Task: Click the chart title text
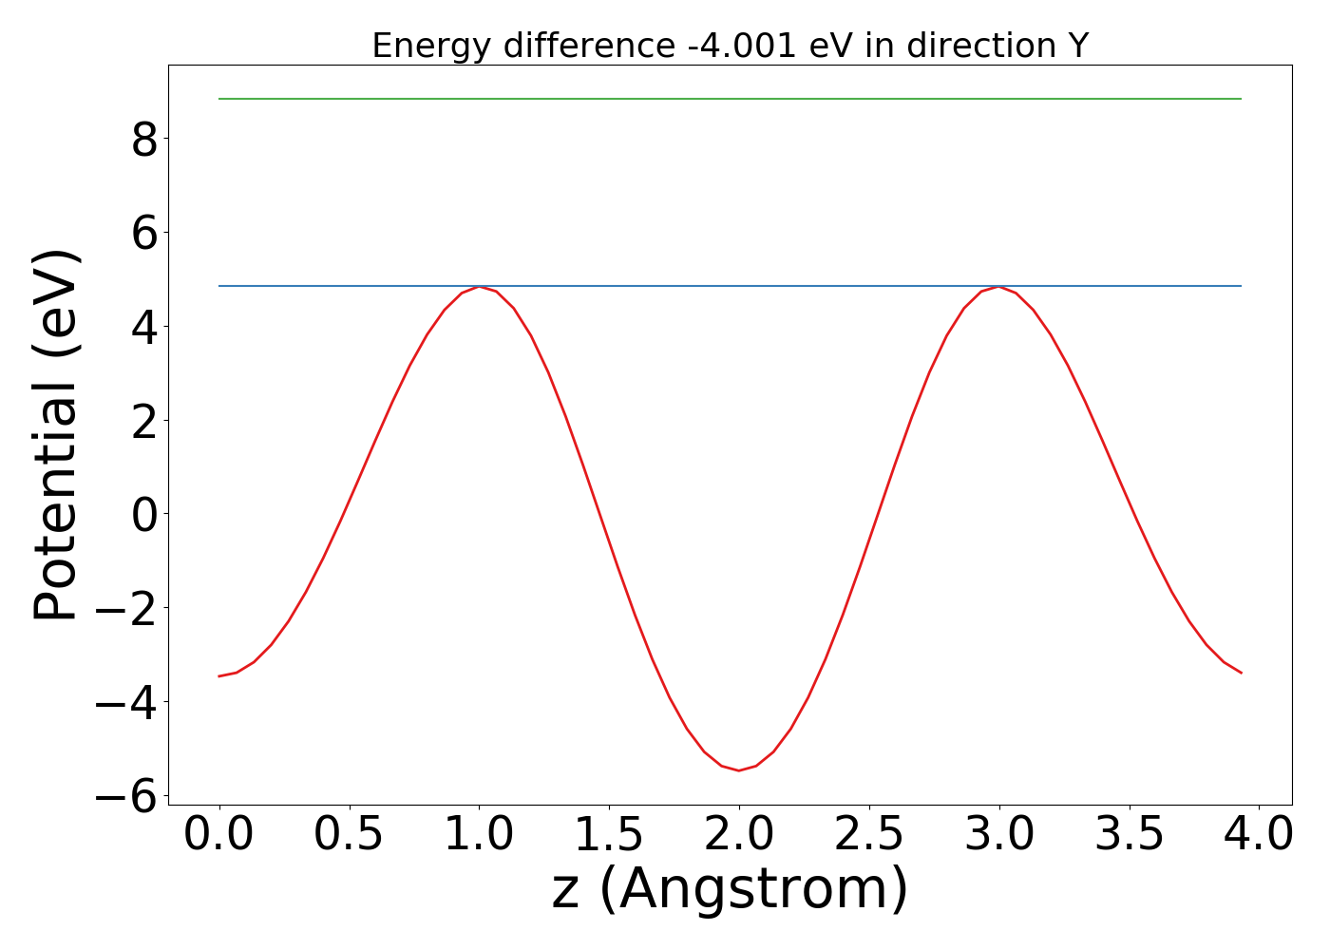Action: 730,46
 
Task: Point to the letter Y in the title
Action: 1076,46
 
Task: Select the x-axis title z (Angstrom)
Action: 730,889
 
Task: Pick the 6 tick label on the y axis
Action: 144,233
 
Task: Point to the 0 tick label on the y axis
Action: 144,514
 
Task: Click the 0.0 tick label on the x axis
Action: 219,834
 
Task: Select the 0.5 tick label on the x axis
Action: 350,834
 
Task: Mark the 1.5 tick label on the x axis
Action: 609,834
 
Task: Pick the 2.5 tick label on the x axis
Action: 869,834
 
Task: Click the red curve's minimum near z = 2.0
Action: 739,770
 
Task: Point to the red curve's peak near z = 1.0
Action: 480,287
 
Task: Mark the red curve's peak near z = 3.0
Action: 998,287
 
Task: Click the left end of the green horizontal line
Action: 220,99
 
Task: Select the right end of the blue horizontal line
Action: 1241,286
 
